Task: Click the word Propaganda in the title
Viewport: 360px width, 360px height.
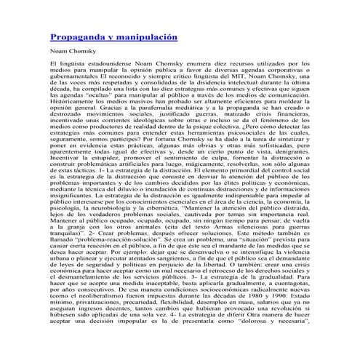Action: [76, 36]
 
